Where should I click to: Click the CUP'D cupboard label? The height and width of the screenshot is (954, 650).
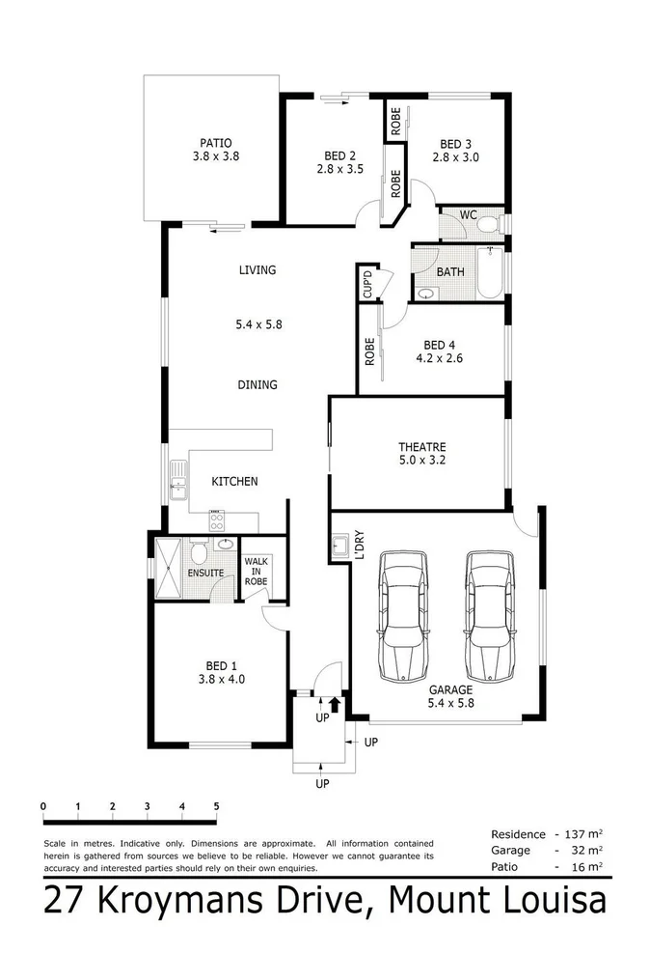click(367, 283)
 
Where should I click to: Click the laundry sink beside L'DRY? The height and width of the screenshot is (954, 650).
click(339, 547)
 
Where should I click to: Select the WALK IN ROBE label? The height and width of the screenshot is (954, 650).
click(256, 572)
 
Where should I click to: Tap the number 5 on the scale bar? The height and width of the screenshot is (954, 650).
click(216, 805)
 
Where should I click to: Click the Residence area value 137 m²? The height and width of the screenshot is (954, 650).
click(587, 833)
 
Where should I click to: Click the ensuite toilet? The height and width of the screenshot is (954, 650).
click(200, 553)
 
